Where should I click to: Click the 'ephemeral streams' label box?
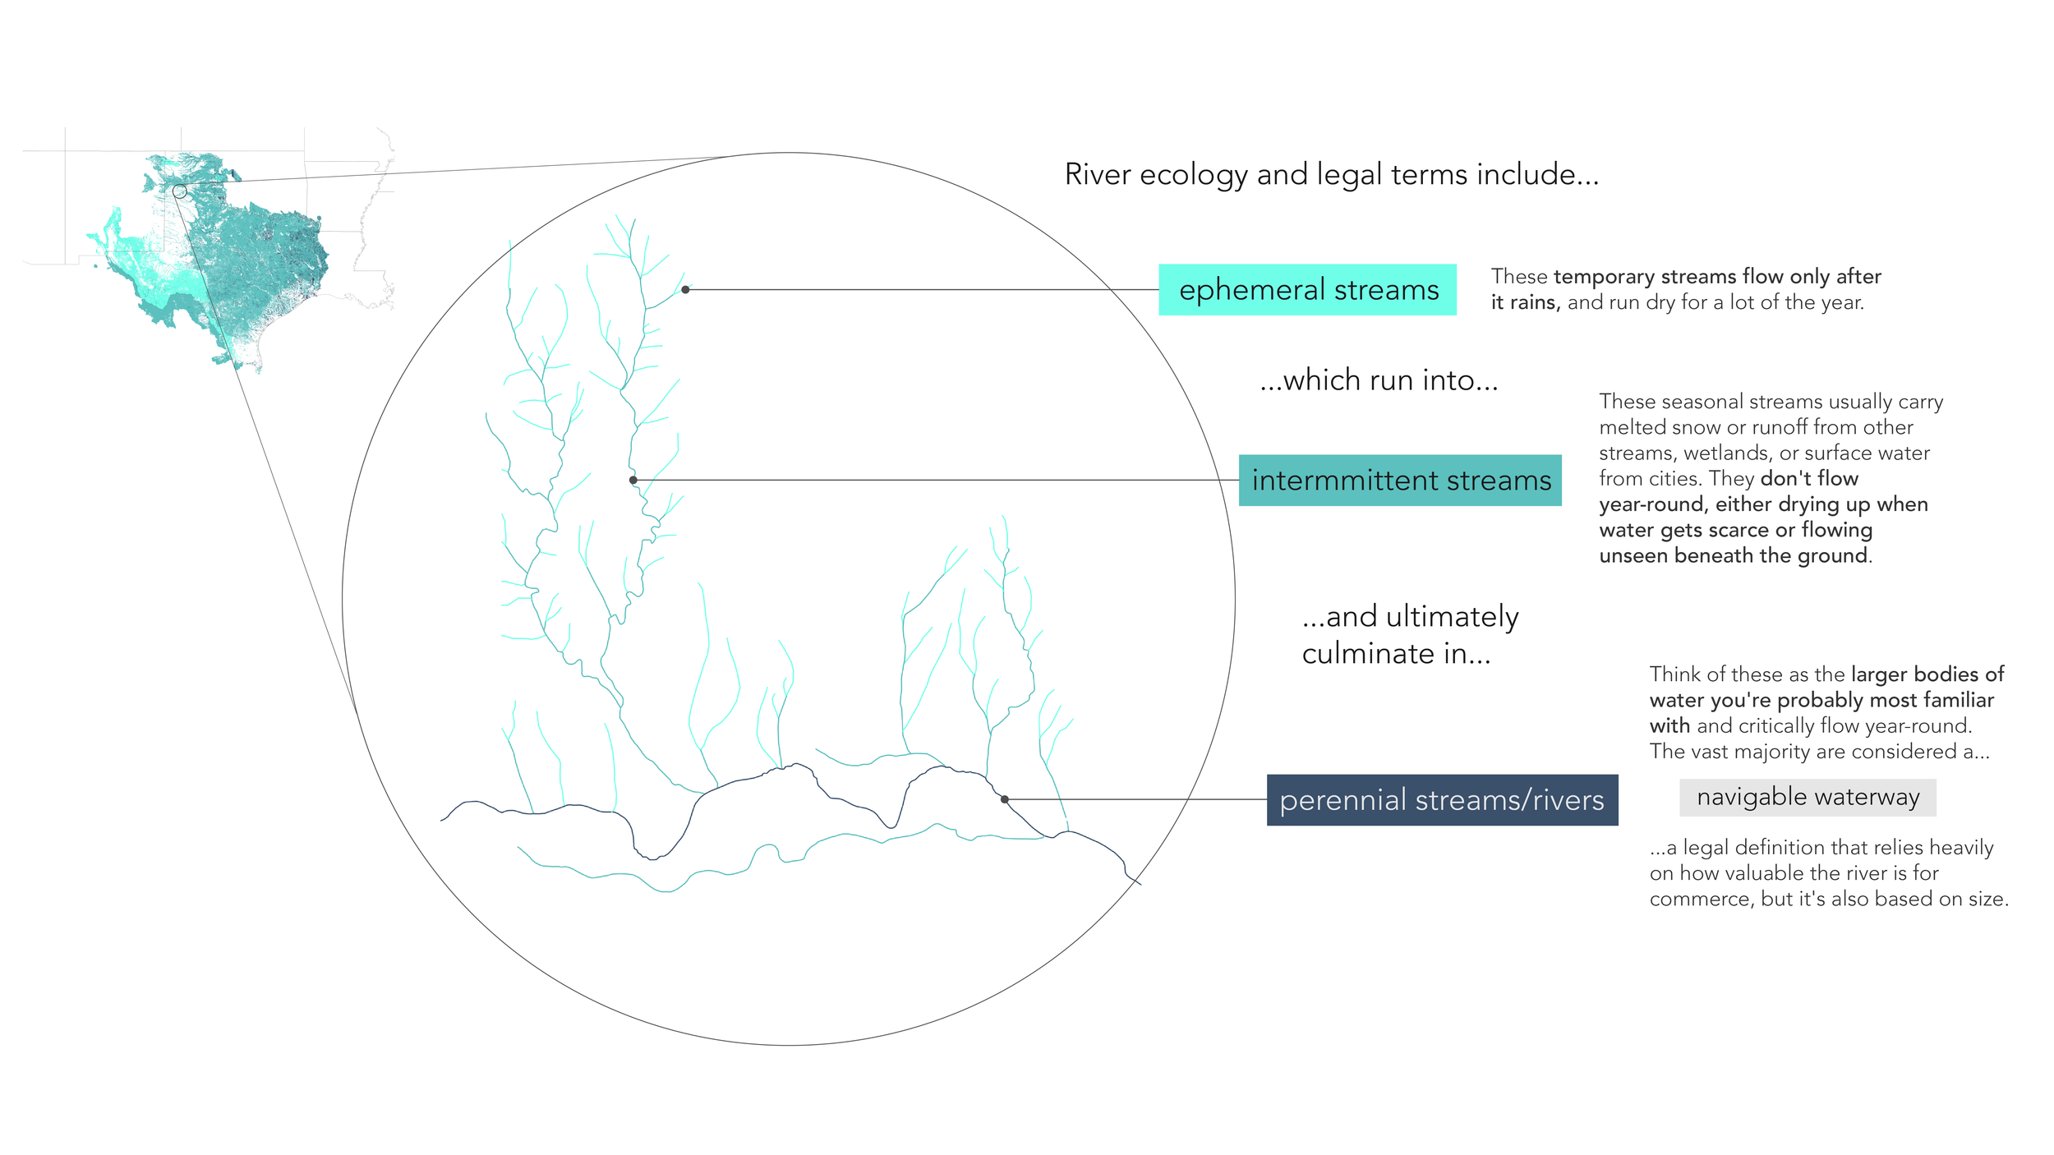(x=1307, y=290)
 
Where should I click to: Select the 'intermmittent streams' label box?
(x=1400, y=481)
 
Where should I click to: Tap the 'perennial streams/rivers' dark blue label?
(x=1442, y=800)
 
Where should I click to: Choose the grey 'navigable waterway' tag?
(x=1808, y=798)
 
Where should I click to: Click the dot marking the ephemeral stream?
(x=685, y=290)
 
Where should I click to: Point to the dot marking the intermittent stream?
(x=633, y=481)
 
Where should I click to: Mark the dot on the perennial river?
(x=1005, y=799)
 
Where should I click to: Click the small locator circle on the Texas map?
(x=180, y=191)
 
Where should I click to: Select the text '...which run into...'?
(x=1379, y=381)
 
